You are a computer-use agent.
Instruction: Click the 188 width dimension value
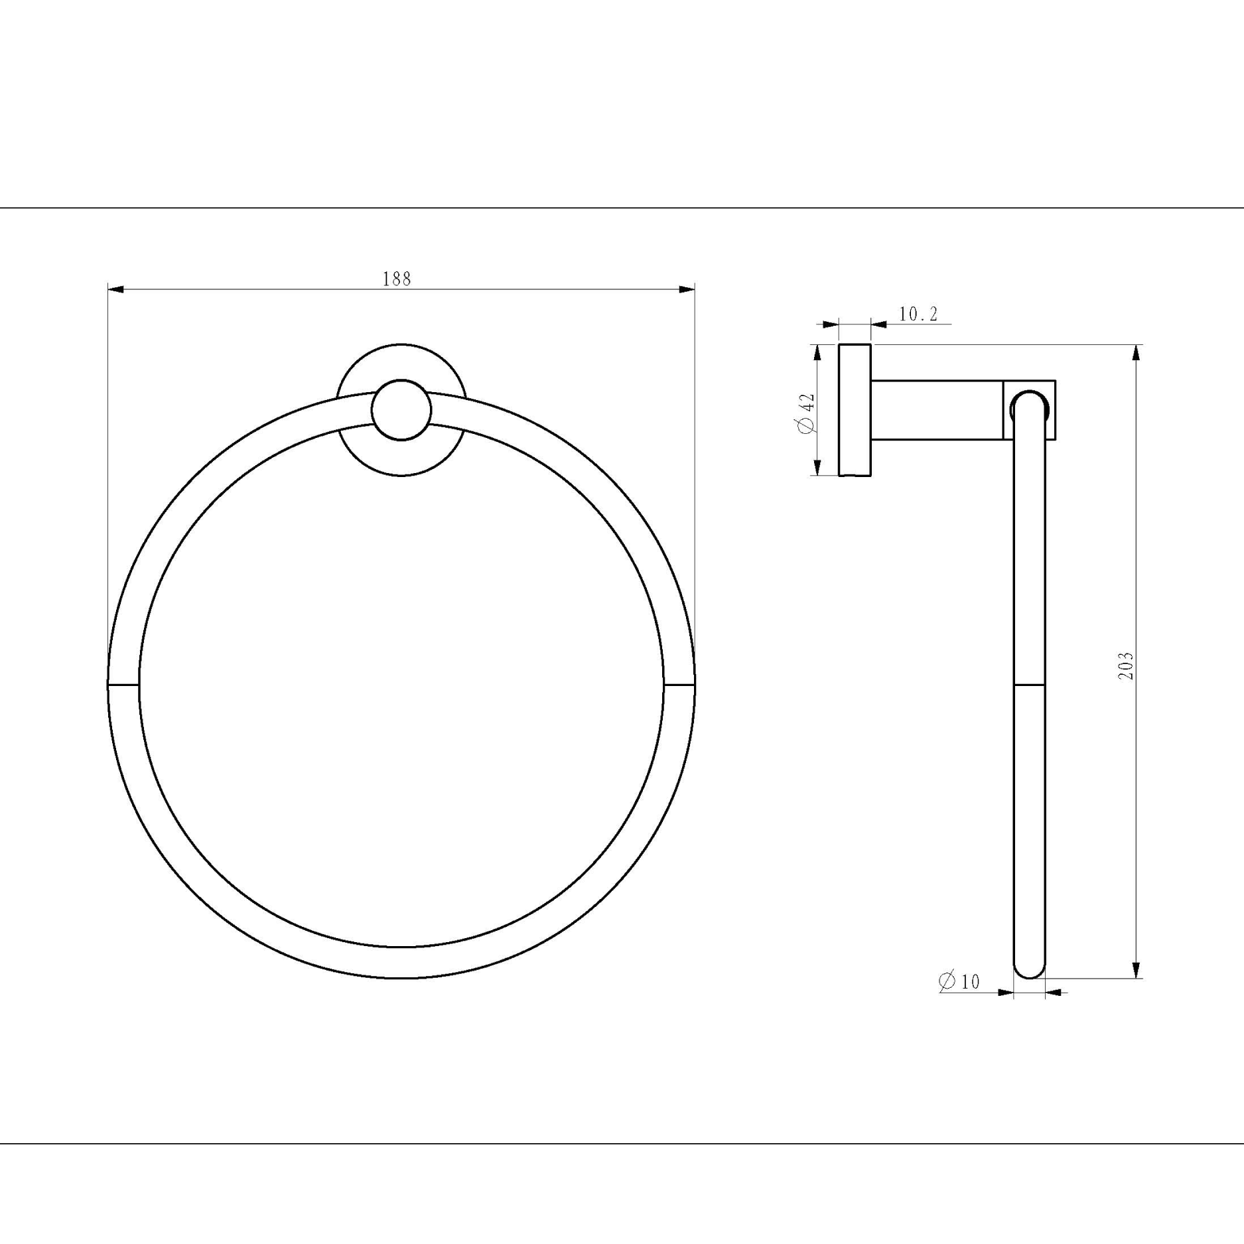click(397, 279)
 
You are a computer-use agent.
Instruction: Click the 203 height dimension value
click(1126, 665)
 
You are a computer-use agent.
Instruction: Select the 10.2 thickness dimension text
click(918, 314)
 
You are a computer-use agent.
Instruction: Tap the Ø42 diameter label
click(807, 413)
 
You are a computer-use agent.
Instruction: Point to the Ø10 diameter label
click(959, 981)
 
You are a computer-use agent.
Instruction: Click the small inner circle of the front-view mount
click(401, 410)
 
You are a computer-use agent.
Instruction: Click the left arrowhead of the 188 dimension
click(116, 289)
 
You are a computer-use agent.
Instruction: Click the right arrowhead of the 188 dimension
click(686, 289)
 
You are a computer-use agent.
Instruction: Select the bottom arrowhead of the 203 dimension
click(1136, 969)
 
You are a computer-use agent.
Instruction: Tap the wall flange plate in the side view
click(855, 410)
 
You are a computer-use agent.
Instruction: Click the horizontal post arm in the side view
click(935, 410)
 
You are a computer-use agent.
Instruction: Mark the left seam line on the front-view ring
click(123, 683)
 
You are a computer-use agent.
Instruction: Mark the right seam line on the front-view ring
click(679, 683)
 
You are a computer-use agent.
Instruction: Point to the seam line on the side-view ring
click(1029, 683)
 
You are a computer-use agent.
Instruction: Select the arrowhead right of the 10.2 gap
click(878, 324)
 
